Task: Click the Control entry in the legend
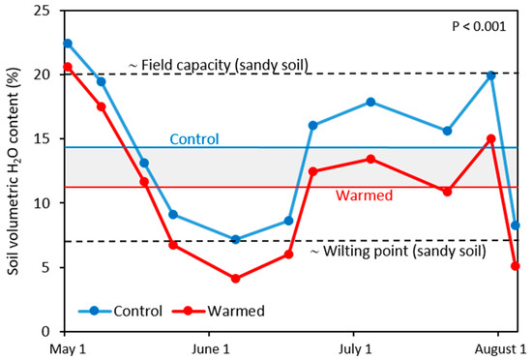(x=122, y=312)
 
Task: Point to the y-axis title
(x=13, y=169)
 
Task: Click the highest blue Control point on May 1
(x=67, y=44)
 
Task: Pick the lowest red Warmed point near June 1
(x=236, y=279)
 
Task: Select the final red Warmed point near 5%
(x=516, y=265)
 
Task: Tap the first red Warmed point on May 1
(x=67, y=67)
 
